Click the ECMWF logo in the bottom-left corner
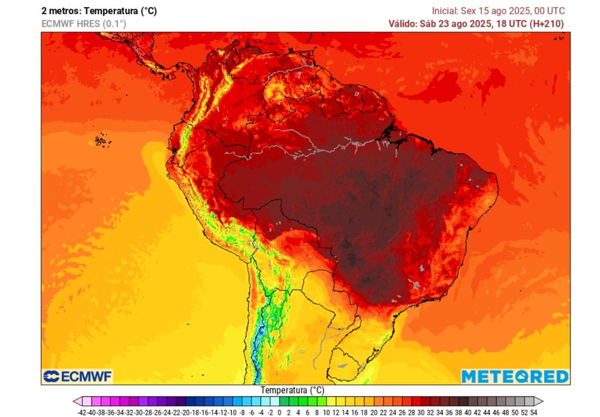[x=77, y=376]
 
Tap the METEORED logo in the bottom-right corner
[x=514, y=376]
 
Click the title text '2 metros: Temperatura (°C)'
[x=99, y=11]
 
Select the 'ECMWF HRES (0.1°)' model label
[x=83, y=23]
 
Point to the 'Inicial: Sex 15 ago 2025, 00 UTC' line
[x=498, y=11]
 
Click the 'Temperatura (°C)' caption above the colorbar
[x=292, y=390]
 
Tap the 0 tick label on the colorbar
[x=279, y=412]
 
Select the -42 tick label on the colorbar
[x=83, y=412]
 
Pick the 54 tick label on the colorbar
[x=533, y=412]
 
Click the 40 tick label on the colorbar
[x=468, y=412]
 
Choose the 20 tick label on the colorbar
[x=374, y=412]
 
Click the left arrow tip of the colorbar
[x=75, y=401]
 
